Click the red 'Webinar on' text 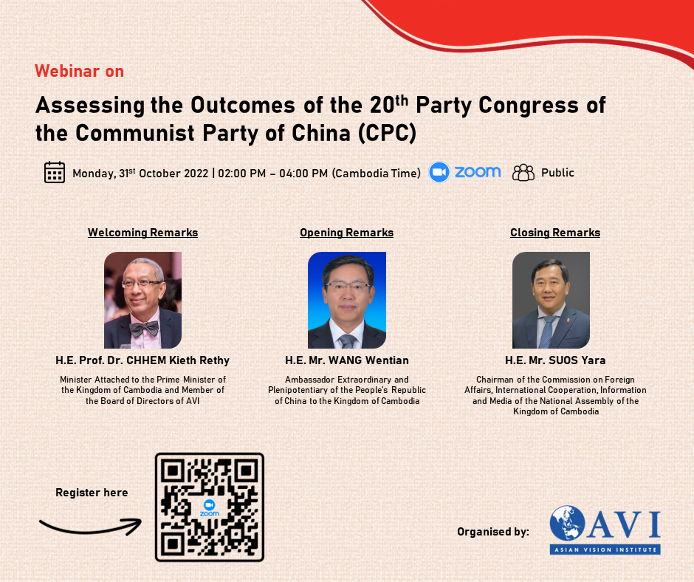tap(79, 72)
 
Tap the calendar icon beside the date tap(55, 172)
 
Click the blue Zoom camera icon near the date tap(439, 172)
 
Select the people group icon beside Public tap(523, 173)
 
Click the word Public tap(557, 173)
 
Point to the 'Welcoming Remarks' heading tap(142, 233)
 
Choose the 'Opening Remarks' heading tap(346, 233)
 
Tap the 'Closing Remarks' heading tap(555, 233)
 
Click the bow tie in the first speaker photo tap(144, 329)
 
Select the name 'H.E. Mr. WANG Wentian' tap(347, 360)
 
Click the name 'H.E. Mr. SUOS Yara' tap(555, 360)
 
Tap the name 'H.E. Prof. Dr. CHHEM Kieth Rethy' tap(142, 360)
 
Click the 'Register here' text tap(92, 493)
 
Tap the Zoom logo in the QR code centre tap(210, 507)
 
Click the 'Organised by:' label tap(493, 532)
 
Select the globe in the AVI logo tap(568, 523)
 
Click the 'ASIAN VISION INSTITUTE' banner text tap(605, 550)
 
